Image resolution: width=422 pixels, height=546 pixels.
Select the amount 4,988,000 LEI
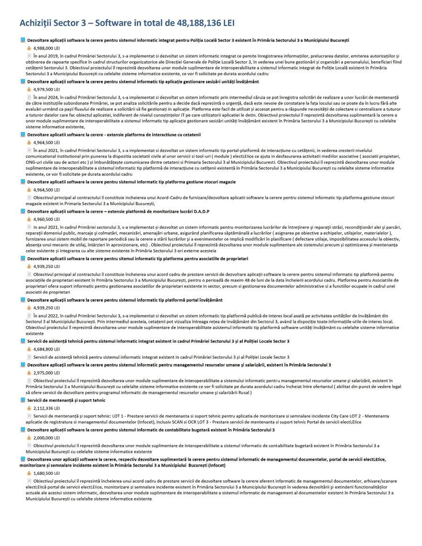click(x=46, y=48)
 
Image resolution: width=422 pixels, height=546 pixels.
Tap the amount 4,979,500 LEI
click(x=46, y=89)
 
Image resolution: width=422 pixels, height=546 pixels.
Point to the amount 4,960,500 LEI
click(x=46, y=219)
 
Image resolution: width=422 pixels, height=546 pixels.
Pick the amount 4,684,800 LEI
click(x=46, y=349)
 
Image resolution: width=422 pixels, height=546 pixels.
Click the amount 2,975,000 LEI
click(x=46, y=373)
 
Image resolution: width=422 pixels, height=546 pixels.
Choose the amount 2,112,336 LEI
click(x=46, y=408)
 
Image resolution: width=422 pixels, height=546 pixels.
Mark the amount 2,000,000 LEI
click(x=46, y=438)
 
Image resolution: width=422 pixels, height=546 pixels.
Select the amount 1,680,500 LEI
click(x=46, y=473)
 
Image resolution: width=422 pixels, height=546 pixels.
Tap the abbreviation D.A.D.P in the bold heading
click(x=202, y=212)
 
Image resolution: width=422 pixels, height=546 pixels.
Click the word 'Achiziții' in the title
click(x=35, y=23)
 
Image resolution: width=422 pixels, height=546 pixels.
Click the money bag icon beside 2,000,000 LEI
click(x=29, y=438)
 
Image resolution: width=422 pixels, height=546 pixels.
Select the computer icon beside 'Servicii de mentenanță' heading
click(x=23, y=400)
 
